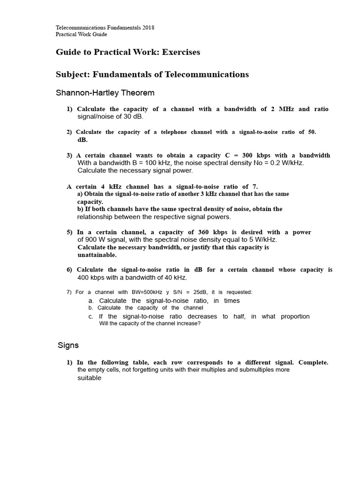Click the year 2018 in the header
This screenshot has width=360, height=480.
[148, 28]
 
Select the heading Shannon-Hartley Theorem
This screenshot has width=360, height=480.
[105, 93]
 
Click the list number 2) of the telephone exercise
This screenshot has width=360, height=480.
[69, 132]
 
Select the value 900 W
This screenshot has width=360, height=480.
[94, 240]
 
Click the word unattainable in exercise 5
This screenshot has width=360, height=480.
[97, 255]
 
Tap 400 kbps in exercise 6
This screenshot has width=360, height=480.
[91, 277]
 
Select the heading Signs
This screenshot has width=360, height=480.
[68, 345]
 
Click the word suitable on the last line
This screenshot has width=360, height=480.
[89, 378]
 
